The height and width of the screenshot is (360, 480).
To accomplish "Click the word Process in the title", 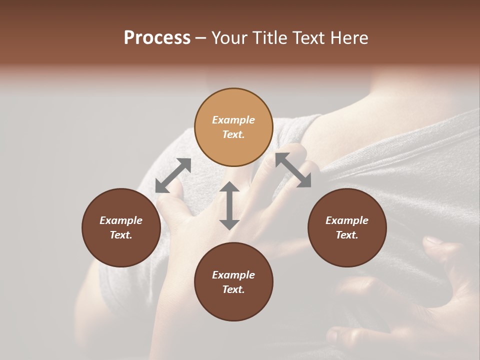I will click(157, 38).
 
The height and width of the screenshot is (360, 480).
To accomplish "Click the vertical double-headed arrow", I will click(229, 206).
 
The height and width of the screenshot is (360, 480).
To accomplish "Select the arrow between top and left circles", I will click(173, 175).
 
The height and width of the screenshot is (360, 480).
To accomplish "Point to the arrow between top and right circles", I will click(293, 170).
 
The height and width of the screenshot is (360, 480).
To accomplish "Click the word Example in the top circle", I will click(233, 120).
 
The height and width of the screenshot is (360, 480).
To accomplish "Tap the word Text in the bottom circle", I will click(232, 289).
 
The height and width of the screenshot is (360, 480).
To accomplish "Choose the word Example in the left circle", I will click(121, 220).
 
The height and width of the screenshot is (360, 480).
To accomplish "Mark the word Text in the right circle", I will click(345, 235).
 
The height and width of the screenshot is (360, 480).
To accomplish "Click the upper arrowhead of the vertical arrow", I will click(229, 188).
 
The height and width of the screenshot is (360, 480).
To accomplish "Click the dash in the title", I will click(200, 38).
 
